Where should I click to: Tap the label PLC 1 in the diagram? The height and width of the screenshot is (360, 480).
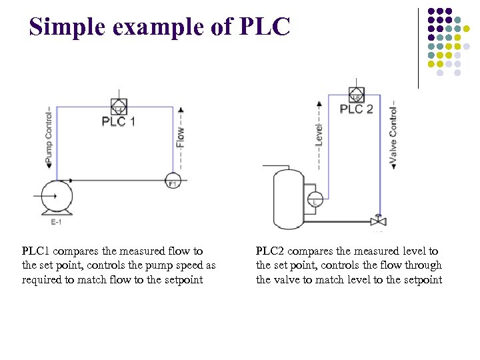point(119,122)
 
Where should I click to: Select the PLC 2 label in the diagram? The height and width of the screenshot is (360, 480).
point(357,109)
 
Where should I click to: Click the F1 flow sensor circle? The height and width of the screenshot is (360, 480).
point(173,181)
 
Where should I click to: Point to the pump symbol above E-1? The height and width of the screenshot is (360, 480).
point(56,196)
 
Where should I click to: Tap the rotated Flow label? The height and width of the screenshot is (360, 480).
point(180,137)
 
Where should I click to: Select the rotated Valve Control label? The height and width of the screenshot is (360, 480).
point(393,134)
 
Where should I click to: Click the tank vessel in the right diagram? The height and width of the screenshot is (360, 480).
point(289,198)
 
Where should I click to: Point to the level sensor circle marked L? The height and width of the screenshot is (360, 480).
point(315,199)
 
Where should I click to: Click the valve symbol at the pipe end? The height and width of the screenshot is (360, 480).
point(378,221)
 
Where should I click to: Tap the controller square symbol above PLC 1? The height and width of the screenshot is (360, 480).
point(119,107)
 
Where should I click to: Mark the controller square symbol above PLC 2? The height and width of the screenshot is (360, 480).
point(357,94)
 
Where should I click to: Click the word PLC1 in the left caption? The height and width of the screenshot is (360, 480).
point(36,251)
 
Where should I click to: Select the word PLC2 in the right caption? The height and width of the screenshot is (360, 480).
point(271,251)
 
